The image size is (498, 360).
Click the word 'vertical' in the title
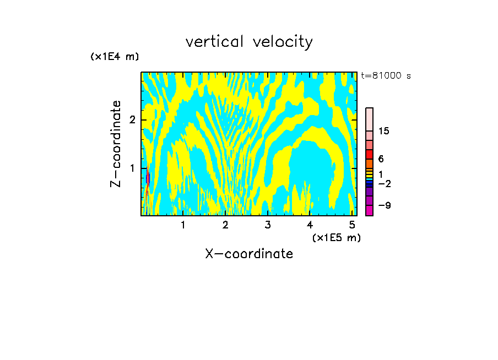coord(216,42)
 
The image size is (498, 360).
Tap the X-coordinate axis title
coord(249,254)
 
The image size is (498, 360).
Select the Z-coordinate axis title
coord(116,144)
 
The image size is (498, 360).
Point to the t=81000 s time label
coord(386,76)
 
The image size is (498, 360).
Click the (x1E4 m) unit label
coord(115,57)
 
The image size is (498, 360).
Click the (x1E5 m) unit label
coord(336,237)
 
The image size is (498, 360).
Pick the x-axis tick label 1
coord(183,225)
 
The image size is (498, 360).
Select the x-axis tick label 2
coord(225,225)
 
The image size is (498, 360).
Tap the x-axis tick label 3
coord(268,225)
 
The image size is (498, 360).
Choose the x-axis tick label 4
coord(310,225)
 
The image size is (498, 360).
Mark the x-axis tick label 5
coord(352,225)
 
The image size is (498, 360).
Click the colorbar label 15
coord(384,131)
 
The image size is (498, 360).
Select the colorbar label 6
coord(381,159)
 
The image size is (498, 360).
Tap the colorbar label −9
coord(384,205)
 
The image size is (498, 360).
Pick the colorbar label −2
coord(384,183)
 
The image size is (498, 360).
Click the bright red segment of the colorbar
coord(369,154)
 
